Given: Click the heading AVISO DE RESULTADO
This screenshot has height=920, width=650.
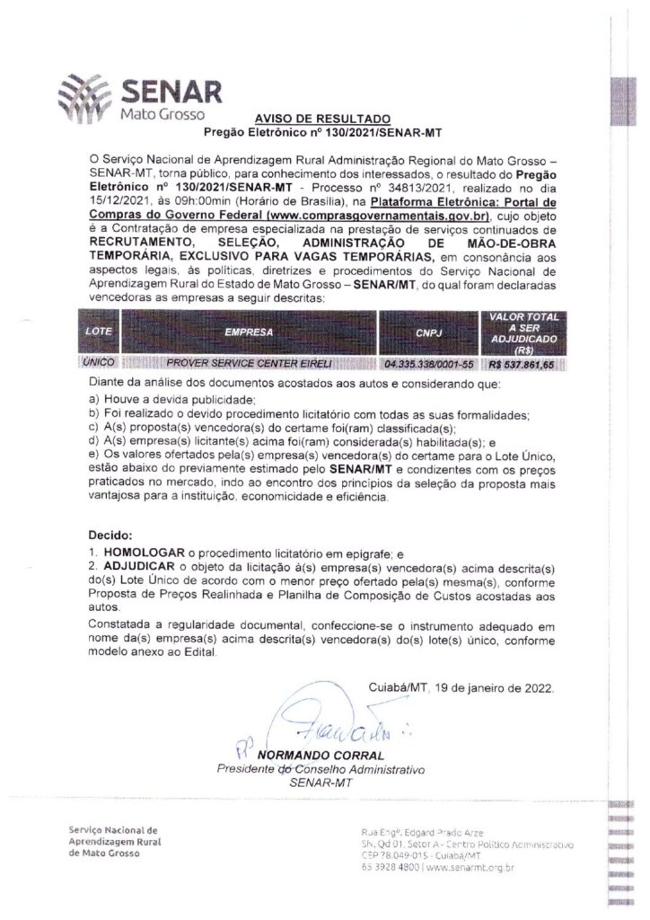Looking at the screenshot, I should (323, 119).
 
